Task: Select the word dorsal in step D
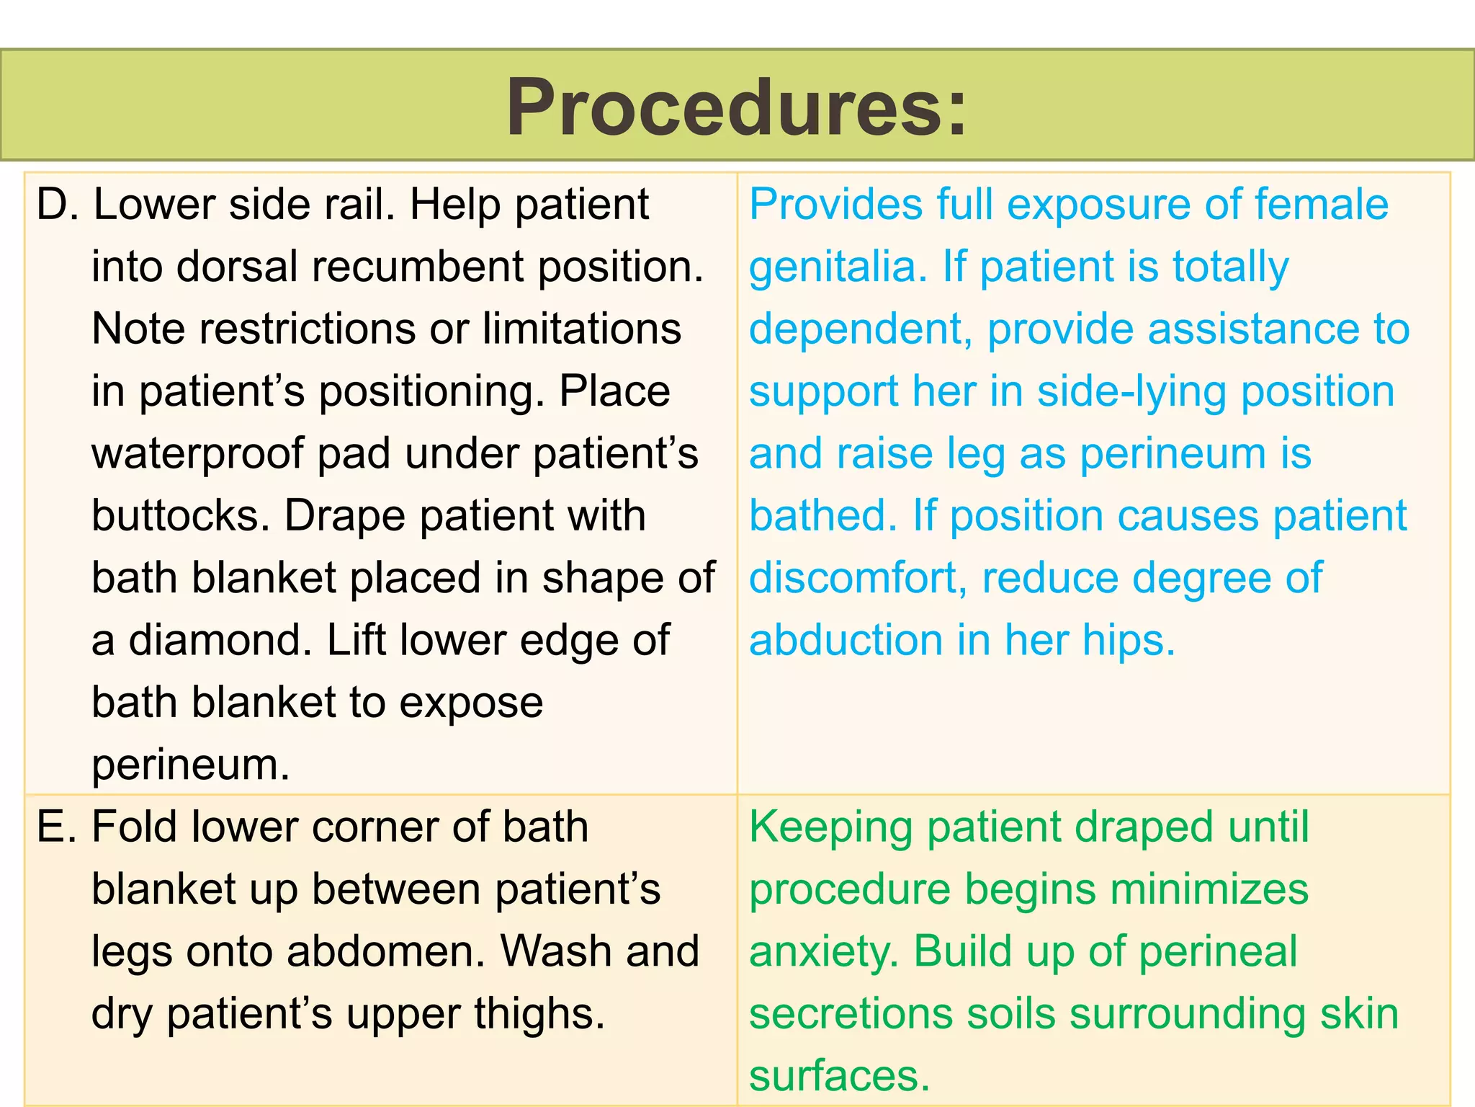pyautogui.click(x=237, y=267)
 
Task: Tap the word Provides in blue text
pyautogui.click(x=835, y=205)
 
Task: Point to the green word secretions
pyautogui.click(x=851, y=1014)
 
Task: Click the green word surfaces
pyautogui.click(x=839, y=1076)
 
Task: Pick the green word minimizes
pyautogui.click(x=1209, y=889)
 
